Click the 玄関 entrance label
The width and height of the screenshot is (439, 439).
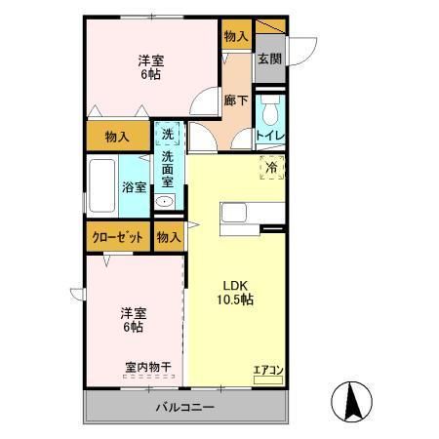point(269,59)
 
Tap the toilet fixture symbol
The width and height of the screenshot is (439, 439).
point(270,104)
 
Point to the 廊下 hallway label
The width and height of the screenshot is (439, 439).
point(235,100)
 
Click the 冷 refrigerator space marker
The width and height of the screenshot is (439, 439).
point(270,167)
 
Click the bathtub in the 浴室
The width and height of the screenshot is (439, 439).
point(103,185)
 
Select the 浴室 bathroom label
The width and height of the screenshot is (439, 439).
point(134,188)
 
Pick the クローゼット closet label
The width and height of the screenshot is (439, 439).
point(117,237)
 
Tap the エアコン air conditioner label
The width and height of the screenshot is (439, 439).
point(267,369)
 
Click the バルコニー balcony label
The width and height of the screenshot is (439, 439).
point(183,407)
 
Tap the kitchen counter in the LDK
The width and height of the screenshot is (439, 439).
point(252,213)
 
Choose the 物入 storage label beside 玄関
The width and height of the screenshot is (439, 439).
point(235,36)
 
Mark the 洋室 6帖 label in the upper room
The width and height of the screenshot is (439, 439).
point(149,65)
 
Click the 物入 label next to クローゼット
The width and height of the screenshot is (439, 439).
point(169,237)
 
